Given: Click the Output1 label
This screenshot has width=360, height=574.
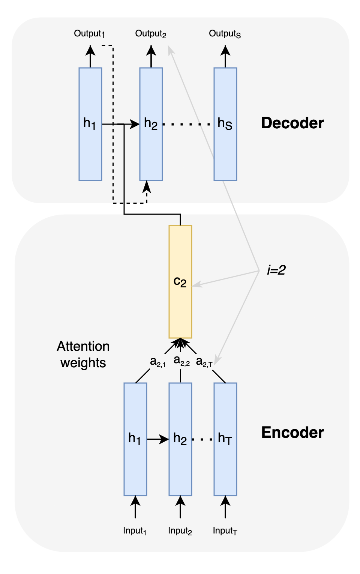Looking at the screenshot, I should (x=89, y=34).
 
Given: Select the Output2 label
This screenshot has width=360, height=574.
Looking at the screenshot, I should (x=150, y=34).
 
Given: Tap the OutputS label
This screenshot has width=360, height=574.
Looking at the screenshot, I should (x=225, y=34).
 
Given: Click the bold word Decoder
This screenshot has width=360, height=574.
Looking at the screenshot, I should (x=292, y=123).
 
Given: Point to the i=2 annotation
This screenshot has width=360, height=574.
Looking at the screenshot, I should (x=276, y=270).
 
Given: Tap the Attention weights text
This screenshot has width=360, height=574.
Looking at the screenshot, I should (x=83, y=355).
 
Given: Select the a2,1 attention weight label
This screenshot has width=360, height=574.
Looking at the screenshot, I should (x=157, y=362).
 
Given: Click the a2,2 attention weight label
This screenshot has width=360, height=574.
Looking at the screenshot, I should (x=181, y=361).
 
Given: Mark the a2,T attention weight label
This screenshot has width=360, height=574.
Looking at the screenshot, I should (x=204, y=362).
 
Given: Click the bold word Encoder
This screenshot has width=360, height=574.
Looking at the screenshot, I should (x=292, y=433).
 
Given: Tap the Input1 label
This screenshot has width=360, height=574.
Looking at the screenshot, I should (x=135, y=531).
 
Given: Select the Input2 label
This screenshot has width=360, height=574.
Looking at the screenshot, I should (x=180, y=531).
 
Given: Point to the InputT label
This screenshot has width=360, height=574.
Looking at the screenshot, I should (x=225, y=531).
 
